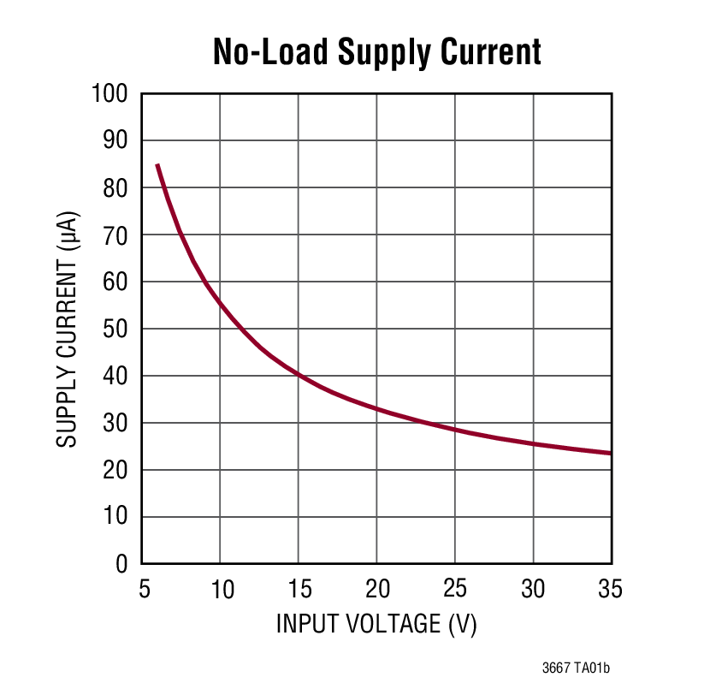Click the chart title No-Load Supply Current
376,52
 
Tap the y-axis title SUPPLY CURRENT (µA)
68,329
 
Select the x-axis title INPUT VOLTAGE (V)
376,624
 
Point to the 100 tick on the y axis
109,93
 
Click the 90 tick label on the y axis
115,140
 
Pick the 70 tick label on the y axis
115,235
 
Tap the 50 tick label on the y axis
115,329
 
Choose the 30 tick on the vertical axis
115,423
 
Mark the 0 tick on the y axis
121,564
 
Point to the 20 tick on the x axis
376,589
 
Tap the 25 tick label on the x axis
455,589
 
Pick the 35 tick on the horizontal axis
611,589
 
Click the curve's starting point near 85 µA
157,164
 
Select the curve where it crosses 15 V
298,375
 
